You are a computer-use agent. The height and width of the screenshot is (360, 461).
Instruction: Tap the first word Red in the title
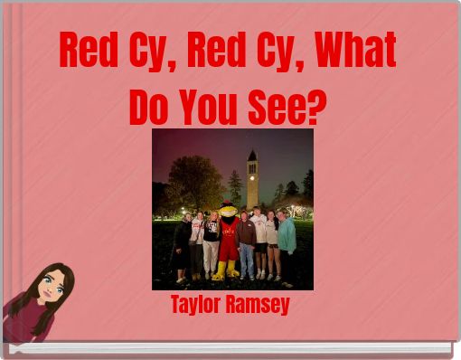[89, 52]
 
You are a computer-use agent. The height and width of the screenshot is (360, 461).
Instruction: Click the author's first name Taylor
[199, 306]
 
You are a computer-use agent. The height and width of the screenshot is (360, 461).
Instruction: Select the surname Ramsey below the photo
[259, 306]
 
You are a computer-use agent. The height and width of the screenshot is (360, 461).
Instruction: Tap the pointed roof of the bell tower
[252, 156]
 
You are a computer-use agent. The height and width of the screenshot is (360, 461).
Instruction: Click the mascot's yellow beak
[230, 214]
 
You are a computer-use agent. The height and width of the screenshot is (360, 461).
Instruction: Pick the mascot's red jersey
[230, 240]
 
